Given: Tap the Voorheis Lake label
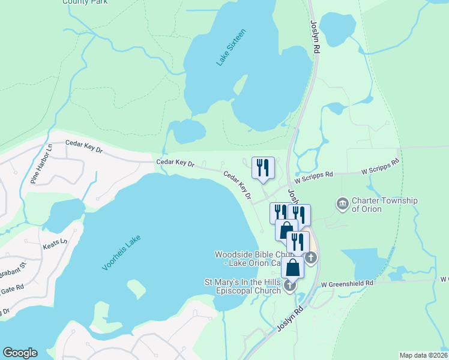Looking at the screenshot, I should click(x=121, y=252).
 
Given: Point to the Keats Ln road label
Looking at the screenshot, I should click(x=55, y=245).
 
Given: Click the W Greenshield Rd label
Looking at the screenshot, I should click(x=347, y=283).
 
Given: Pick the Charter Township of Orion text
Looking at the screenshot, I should click(x=384, y=205).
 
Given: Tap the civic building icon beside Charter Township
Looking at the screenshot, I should click(x=343, y=204).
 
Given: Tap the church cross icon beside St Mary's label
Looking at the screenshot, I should click(x=290, y=286).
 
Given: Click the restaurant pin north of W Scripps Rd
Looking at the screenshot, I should click(x=263, y=167).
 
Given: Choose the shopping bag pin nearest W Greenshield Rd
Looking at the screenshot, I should click(x=292, y=268).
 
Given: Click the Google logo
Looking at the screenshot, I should click(x=20, y=353).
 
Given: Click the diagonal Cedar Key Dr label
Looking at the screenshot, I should click(x=237, y=185).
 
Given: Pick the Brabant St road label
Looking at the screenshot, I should click(x=15, y=265).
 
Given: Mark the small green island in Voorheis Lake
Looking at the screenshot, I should click(x=136, y=289).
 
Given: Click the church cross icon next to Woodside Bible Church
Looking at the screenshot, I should click(x=310, y=258).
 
